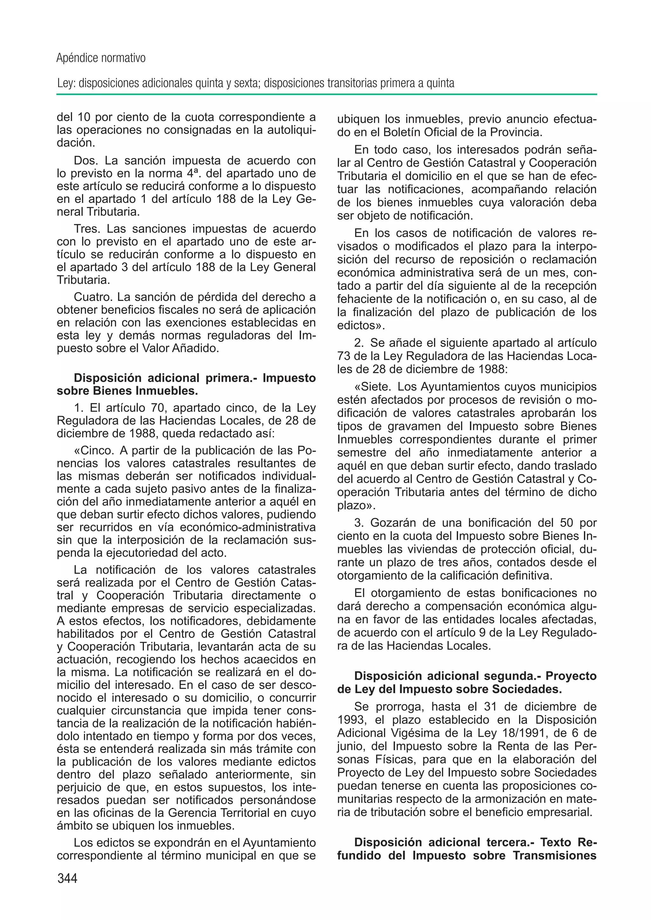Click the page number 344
(67, 878)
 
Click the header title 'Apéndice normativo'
(101, 58)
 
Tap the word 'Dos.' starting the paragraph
(86, 160)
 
